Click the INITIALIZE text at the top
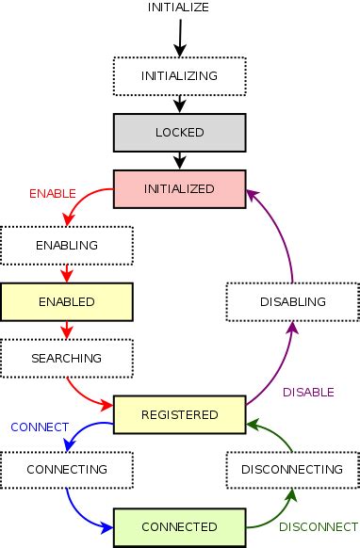(x=178, y=8)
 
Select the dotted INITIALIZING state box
(x=179, y=74)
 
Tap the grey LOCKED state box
(x=179, y=132)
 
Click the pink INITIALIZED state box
(x=179, y=188)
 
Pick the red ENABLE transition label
(x=53, y=193)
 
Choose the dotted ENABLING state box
(x=67, y=245)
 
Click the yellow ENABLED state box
(x=67, y=301)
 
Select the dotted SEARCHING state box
(x=67, y=359)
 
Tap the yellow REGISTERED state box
(x=179, y=414)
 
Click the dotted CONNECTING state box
(x=67, y=469)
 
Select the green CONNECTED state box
(x=179, y=526)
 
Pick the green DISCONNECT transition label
(x=318, y=526)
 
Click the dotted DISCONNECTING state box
(x=292, y=469)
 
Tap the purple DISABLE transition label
(x=307, y=393)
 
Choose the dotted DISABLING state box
(x=292, y=301)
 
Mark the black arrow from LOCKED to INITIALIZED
(x=179, y=160)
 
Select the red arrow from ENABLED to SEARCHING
(x=67, y=330)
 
